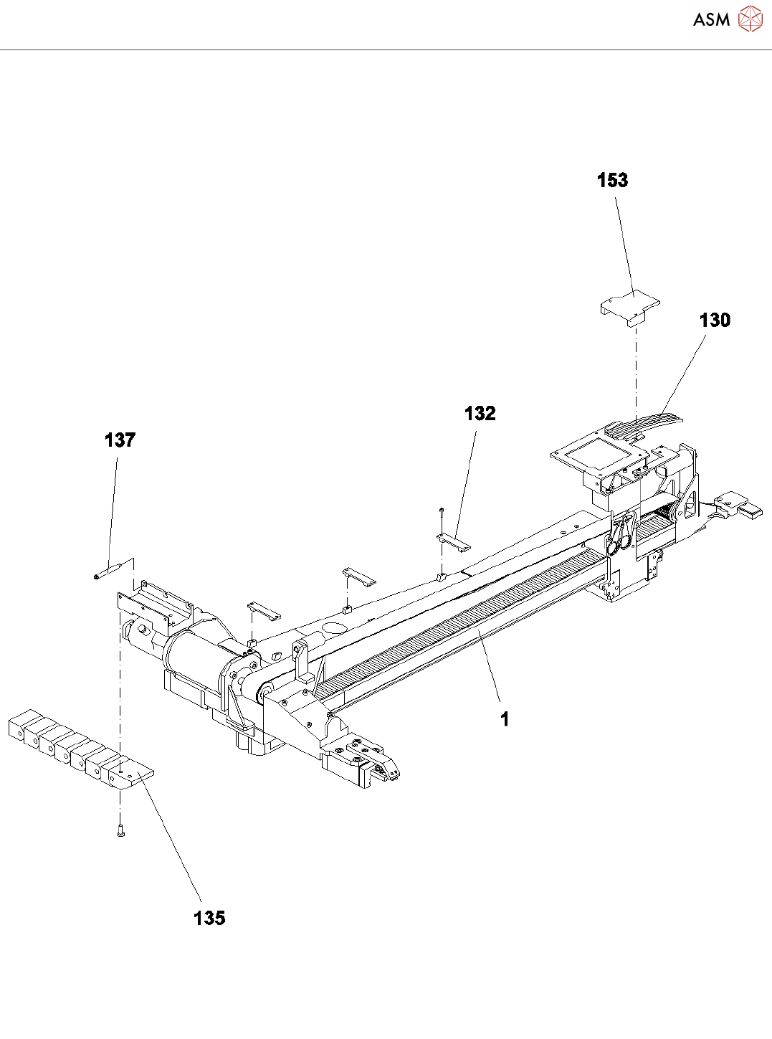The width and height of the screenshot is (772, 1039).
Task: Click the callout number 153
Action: [x=612, y=180]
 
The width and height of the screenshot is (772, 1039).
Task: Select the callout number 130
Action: [x=715, y=320]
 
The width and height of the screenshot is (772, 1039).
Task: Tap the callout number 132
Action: [x=480, y=414]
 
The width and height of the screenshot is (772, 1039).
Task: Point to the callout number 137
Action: [x=120, y=440]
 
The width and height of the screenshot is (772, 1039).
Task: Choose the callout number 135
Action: [x=209, y=918]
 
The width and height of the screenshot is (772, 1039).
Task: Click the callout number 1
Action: [x=505, y=719]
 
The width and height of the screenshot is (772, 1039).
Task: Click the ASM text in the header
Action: [x=711, y=20]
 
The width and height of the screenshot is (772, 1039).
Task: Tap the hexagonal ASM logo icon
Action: [x=750, y=19]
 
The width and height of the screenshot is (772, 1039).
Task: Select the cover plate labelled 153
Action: [x=629, y=307]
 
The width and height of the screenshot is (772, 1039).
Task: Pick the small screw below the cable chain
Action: [x=120, y=831]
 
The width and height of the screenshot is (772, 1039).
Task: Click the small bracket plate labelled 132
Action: [x=453, y=541]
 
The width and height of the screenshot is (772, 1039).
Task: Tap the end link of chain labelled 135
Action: [x=130, y=775]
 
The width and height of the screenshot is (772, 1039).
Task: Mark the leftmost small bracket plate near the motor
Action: [x=264, y=612]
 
